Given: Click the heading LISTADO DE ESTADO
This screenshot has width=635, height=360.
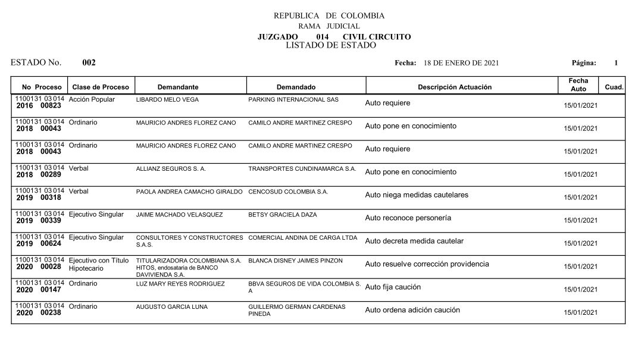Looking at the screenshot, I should (x=330, y=45).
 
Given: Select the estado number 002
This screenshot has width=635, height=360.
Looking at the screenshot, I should (x=89, y=63).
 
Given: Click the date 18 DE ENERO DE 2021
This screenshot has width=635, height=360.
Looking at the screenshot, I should (x=461, y=63).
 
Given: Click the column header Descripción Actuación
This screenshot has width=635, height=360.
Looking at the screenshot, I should (x=455, y=87).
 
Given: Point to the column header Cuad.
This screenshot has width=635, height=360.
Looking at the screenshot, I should (x=614, y=87).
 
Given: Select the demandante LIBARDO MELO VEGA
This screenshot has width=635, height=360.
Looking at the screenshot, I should (x=167, y=100).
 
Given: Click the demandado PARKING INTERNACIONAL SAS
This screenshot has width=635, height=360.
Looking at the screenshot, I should (x=293, y=100).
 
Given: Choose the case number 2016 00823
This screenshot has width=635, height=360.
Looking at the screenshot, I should (x=39, y=106).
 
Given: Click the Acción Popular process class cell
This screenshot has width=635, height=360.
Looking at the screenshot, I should (x=92, y=99).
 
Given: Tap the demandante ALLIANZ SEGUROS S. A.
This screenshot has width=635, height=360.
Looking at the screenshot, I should (x=171, y=169).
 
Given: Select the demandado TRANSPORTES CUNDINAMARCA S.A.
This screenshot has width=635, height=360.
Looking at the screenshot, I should (x=302, y=169).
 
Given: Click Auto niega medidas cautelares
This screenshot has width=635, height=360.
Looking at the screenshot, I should (x=416, y=195).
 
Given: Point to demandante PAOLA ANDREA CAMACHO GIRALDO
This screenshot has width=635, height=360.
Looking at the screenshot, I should (x=189, y=192).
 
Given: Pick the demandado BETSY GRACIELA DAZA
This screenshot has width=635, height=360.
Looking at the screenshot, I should (x=282, y=215).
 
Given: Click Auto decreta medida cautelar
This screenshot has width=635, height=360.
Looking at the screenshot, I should (x=414, y=241).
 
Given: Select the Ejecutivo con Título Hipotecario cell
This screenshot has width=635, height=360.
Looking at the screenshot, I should (x=99, y=264).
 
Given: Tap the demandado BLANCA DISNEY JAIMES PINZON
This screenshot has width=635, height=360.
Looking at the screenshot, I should (x=295, y=261).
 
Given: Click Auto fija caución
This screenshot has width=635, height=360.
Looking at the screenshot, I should (x=392, y=287).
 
